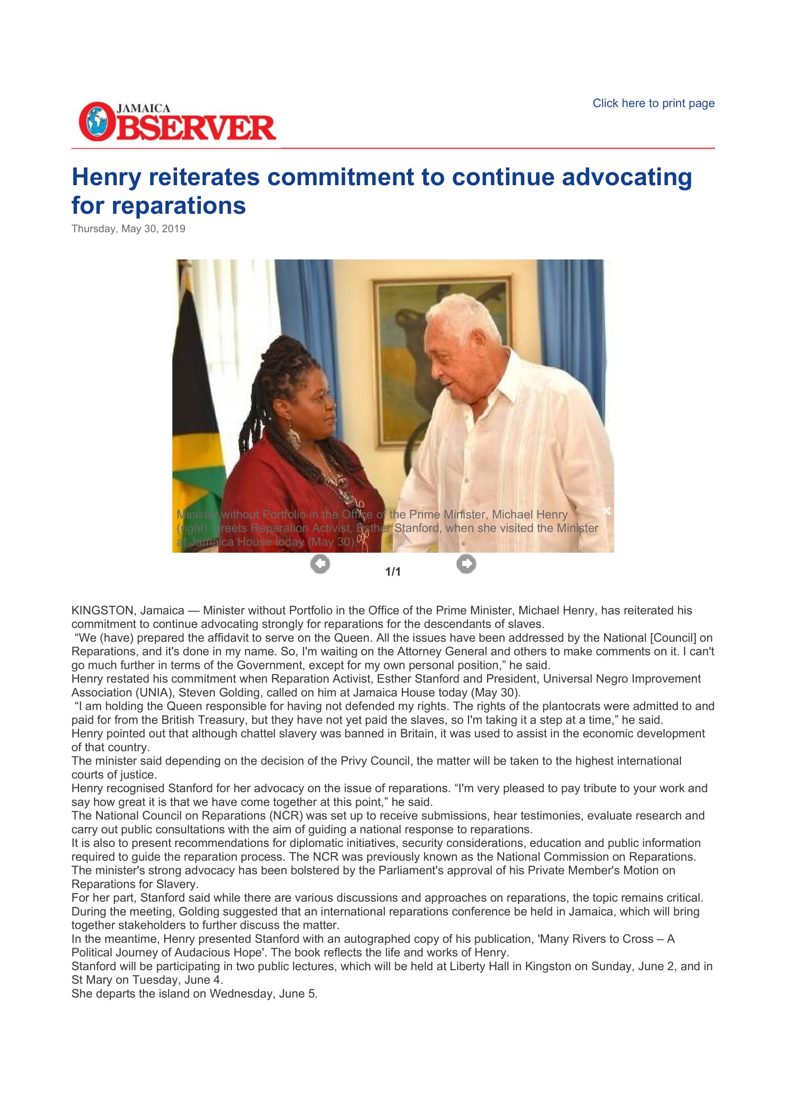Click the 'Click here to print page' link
pyautogui.click(x=653, y=103)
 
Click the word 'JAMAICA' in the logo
pyautogui.click(x=143, y=108)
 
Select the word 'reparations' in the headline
pyautogui.click(x=179, y=206)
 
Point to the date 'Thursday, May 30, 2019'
pyautogui.click(x=129, y=229)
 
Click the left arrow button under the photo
pyautogui.click(x=320, y=564)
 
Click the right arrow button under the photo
pyautogui.click(x=466, y=564)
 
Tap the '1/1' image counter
pyautogui.click(x=393, y=572)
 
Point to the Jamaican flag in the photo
pyautogui.click(x=196, y=412)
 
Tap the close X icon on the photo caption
pyautogui.click(x=606, y=511)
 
